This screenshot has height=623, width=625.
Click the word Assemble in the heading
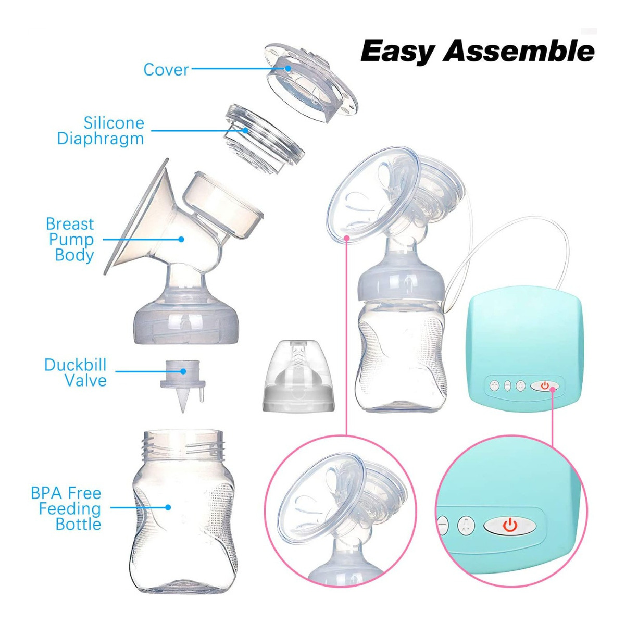(518, 51)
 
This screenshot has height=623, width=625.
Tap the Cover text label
(166, 70)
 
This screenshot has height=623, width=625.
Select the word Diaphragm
(100, 139)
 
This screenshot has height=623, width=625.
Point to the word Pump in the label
(71, 239)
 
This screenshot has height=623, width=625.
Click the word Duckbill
(75, 365)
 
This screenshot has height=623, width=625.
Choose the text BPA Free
(66, 493)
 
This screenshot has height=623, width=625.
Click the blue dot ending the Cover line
(287, 68)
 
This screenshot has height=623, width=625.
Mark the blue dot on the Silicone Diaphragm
(245, 130)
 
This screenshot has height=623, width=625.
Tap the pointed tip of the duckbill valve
(183, 412)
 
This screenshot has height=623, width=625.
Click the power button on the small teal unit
(545, 386)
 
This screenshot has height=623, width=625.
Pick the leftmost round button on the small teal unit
(494, 386)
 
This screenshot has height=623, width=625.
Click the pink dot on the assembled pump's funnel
(347, 238)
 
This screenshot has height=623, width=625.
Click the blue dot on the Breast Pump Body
(181, 239)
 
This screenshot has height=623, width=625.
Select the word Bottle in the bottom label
(78, 524)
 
